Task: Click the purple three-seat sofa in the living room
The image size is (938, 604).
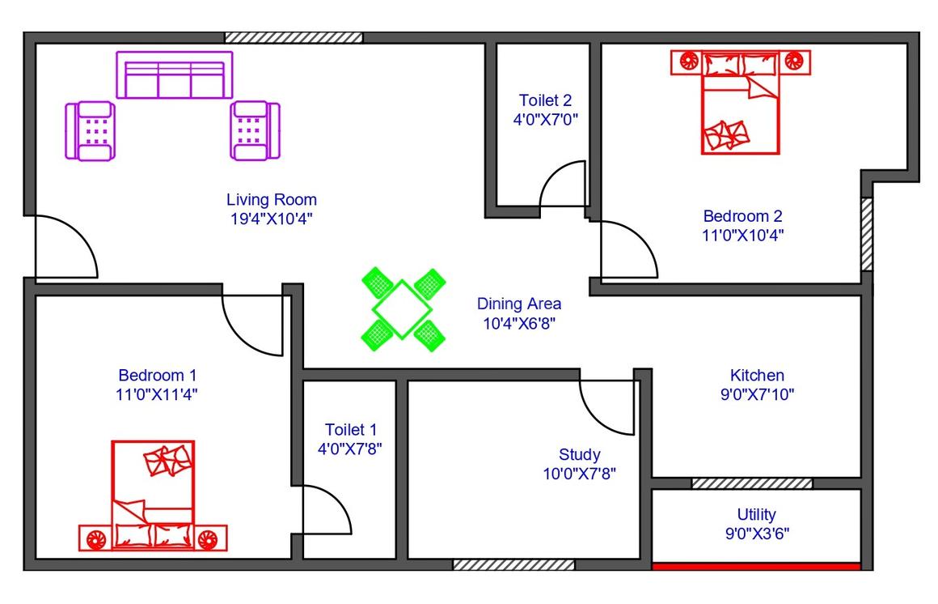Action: click(174, 75)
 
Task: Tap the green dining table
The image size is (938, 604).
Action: click(401, 309)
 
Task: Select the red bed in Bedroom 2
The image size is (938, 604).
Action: click(741, 102)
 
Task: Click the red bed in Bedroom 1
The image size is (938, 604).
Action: click(153, 496)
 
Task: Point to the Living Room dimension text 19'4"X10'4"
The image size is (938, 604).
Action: click(272, 219)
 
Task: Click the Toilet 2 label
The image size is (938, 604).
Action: click(545, 100)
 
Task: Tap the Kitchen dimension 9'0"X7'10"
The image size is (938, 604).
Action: click(758, 394)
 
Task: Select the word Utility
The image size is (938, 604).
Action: click(757, 514)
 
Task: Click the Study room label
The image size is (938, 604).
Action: click(579, 454)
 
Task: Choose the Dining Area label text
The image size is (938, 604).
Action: click(518, 304)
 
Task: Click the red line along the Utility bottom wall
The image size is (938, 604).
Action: click(756, 566)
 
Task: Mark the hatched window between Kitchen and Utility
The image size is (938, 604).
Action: click(752, 483)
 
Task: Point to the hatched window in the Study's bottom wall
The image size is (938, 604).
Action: click(513, 564)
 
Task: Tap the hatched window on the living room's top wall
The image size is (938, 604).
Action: click(294, 38)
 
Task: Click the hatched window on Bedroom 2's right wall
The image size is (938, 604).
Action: click(866, 234)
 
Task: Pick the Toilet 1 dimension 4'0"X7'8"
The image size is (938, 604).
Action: click(350, 449)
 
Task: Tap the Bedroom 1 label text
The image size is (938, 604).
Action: click(158, 375)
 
